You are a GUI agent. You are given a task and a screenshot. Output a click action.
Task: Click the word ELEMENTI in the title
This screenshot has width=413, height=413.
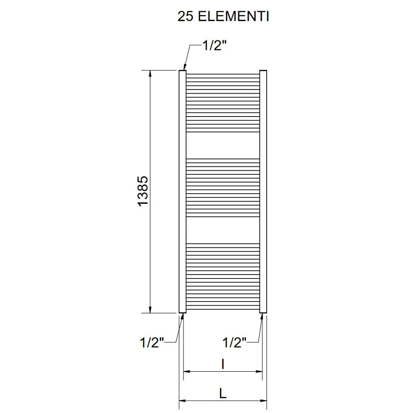click(234, 17)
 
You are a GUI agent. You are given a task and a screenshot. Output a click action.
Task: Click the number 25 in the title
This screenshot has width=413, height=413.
click(185, 17)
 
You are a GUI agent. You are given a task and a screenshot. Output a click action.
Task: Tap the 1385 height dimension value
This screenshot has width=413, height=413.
click(143, 191)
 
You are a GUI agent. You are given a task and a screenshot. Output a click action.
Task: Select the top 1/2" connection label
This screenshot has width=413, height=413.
click(214, 45)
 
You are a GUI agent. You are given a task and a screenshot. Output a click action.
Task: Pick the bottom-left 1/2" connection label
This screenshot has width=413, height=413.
click(152, 342)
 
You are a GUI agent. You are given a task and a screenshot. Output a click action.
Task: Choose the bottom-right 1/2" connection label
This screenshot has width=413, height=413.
click(234, 342)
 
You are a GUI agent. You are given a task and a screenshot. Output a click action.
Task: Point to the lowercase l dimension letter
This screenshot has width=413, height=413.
click(223, 364)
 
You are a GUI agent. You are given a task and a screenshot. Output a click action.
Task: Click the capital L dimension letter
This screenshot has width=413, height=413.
click(223, 394)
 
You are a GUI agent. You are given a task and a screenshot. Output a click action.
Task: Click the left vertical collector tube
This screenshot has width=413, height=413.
click(183, 191)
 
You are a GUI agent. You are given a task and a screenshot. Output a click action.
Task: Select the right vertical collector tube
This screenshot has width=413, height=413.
click(263, 191)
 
